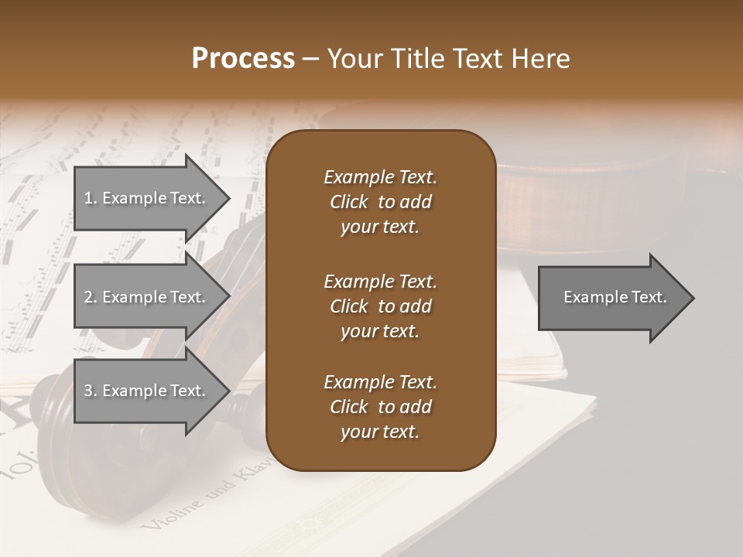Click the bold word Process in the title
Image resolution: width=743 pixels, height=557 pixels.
[243, 59]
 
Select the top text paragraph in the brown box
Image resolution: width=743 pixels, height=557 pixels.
[380, 202]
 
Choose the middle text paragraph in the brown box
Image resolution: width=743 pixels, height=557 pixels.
[380, 306]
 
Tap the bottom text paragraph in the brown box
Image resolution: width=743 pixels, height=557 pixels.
[380, 406]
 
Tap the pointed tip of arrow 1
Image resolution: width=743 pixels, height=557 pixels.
[228, 198]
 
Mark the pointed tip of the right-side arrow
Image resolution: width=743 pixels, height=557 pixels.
[692, 298]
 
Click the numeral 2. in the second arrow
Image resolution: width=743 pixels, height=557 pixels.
[90, 297]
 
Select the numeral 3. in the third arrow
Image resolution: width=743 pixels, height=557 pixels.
[90, 391]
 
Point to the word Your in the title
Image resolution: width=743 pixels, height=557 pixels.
[356, 59]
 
